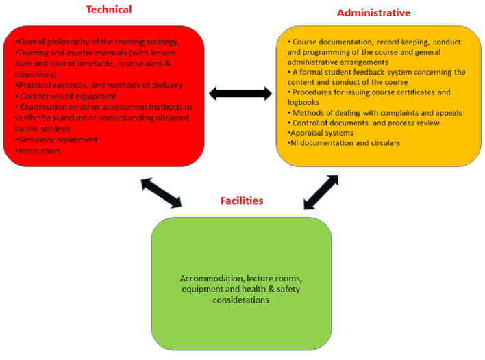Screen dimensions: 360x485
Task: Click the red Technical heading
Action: click(108, 10)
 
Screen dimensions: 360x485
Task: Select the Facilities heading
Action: click(241, 201)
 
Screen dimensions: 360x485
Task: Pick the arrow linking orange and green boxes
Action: click(320, 192)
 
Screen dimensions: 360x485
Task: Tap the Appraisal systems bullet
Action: click(322, 133)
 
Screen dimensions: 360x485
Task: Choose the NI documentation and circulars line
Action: click(344, 143)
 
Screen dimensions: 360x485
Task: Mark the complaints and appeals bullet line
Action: click(377, 112)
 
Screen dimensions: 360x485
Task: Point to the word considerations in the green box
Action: click(240, 300)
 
